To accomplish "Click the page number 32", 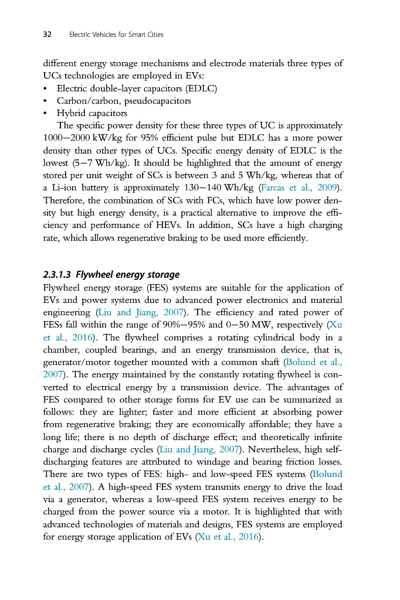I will (x=48, y=35).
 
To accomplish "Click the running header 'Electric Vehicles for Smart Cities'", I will (x=116, y=35).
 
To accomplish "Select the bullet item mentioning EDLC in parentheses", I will (x=137, y=88).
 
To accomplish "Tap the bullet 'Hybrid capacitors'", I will (x=91, y=113).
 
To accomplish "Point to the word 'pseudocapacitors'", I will (x=158, y=101).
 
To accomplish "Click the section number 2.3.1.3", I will (x=58, y=274).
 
